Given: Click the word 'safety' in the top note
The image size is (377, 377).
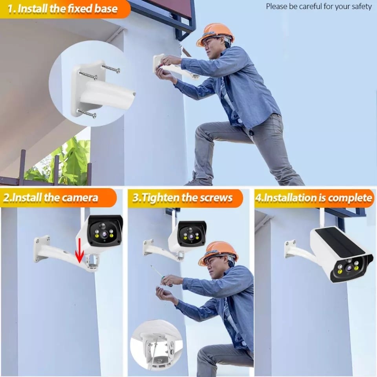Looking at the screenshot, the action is (362, 7).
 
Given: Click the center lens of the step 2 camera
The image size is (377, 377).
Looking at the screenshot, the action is (104, 233).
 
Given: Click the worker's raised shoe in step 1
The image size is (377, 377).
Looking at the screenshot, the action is (194, 181).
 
